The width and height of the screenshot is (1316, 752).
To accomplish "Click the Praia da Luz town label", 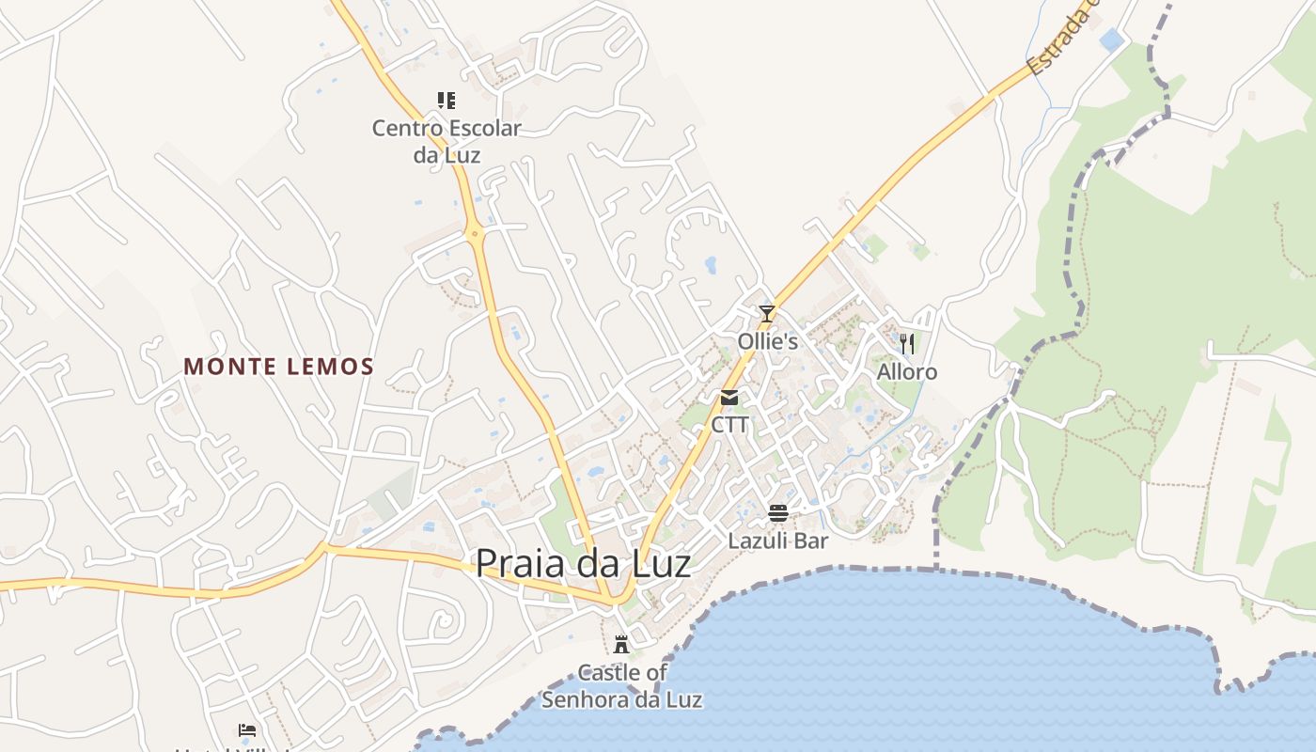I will coord(583,563).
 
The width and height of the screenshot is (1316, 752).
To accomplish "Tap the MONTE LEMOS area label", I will coord(279,367).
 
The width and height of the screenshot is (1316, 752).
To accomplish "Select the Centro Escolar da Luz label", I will coord(446,141).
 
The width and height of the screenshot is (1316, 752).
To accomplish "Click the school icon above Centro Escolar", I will coord(446,100).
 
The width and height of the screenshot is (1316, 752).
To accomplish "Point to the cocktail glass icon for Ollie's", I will coord(767,314).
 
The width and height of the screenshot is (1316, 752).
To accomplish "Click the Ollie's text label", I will coord(767,341).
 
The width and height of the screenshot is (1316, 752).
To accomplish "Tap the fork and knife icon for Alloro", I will coord(907,343).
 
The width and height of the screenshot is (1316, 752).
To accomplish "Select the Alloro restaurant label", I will coord(907,372).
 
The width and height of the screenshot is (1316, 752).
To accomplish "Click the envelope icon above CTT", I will coord(729,398).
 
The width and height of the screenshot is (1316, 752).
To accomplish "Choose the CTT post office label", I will coord(729,425).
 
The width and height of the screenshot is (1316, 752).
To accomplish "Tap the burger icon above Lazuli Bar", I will coord(778,512).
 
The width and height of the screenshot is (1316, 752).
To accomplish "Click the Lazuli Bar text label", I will coord(778,540).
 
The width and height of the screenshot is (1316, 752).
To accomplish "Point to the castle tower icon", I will coord(620,645).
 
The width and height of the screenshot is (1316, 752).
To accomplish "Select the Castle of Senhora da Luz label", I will coord(622,686).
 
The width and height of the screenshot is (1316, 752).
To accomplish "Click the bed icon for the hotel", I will coord(247,729).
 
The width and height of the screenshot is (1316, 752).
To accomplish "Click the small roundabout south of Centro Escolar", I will coord(475,232).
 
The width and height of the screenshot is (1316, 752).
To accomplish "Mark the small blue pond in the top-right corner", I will coord(1112,39).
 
